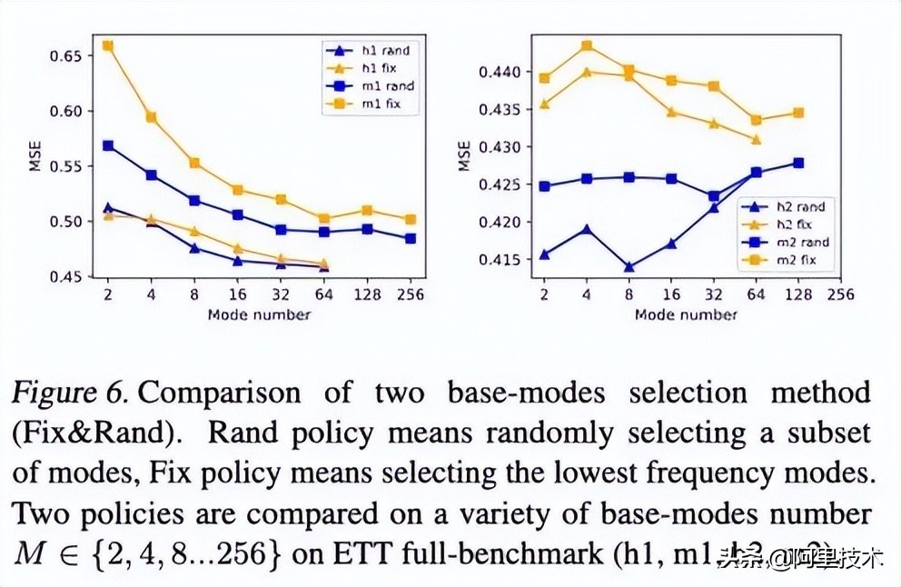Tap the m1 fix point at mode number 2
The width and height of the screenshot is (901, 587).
108,45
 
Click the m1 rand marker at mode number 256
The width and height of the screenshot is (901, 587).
411,238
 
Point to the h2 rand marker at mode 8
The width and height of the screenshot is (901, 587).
629,267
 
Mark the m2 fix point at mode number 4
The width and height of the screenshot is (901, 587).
587,45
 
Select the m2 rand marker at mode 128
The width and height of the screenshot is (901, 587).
798,163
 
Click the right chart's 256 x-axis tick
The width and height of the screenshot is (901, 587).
840,294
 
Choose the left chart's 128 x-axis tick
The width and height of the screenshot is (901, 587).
369,294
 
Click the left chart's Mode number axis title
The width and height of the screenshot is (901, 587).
259,314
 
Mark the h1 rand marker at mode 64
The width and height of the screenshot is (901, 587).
325,266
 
